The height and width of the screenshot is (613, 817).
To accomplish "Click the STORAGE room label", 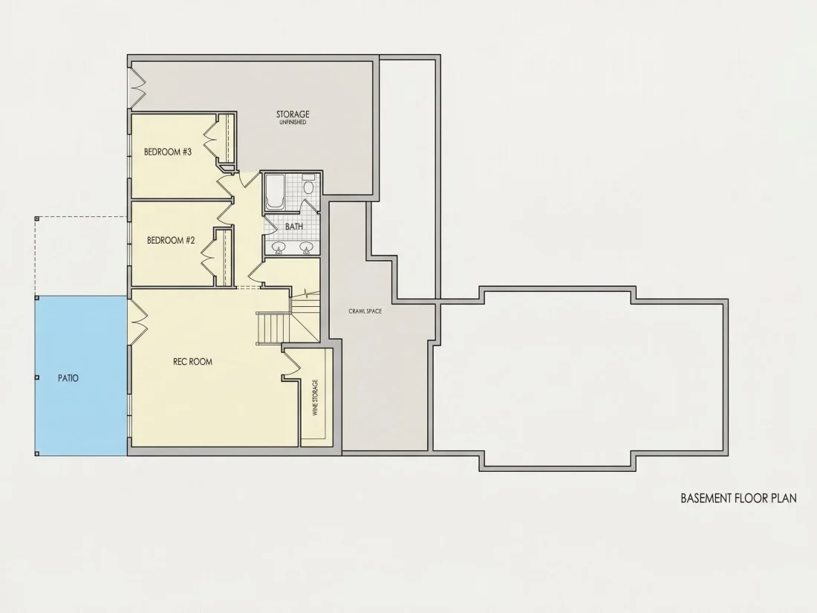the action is (293, 114).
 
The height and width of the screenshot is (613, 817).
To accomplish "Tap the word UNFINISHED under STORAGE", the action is (293, 123).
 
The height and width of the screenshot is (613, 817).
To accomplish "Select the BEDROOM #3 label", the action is (168, 152).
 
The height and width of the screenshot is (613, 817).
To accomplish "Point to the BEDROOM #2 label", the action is (171, 240).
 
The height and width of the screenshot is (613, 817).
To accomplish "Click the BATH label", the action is (294, 227).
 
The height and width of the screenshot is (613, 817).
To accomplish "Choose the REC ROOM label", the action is (193, 362).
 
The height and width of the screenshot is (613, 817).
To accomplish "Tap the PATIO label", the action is (68, 378).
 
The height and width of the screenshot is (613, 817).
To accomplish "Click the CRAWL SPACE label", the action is (365, 311).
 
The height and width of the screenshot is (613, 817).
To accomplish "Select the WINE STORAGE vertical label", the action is (315, 398).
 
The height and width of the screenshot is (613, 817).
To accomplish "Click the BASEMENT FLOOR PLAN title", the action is (738, 499).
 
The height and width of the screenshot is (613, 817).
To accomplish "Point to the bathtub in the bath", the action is (275, 191).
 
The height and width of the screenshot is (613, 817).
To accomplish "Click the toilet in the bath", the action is (309, 185).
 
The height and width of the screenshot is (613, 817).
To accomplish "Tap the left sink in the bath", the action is (279, 247).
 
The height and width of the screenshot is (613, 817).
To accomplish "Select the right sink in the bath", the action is (306, 247).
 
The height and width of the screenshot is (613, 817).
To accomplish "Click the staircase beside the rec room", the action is (273, 328).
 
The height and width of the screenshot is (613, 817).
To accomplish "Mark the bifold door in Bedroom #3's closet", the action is (211, 139).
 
